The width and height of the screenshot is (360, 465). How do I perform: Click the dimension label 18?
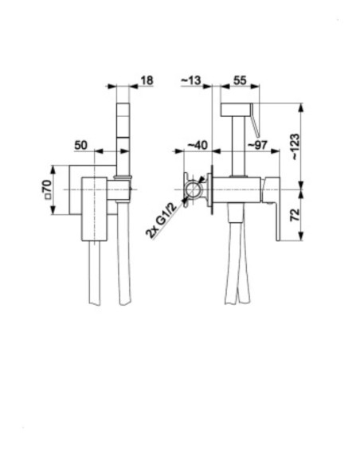(147, 80)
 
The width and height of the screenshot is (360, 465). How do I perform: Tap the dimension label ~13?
(190, 80)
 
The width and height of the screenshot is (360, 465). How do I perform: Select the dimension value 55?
(240, 80)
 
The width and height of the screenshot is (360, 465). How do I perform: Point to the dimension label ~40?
(198, 145)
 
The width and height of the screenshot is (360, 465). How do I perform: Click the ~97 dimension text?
(257, 145)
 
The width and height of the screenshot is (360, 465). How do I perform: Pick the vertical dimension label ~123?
(295, 147)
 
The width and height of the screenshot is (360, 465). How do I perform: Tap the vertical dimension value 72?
(295, 215)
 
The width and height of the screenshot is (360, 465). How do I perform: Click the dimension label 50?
(80, 145)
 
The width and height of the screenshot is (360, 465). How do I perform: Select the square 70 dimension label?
(48, 190)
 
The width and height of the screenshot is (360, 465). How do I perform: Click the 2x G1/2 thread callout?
(162, 220)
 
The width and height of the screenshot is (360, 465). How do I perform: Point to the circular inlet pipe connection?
(193, 190)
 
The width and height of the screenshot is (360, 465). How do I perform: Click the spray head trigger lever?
(255, 120)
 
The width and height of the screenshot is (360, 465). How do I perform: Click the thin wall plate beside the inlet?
(212, 190)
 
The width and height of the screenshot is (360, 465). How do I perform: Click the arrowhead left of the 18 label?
(112, 86)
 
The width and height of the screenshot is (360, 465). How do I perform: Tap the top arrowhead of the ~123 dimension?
(301, 108)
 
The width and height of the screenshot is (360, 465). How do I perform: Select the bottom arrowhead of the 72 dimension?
(301, 236)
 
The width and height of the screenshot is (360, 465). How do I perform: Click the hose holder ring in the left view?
(123, 177)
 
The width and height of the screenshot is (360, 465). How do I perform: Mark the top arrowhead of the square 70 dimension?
(53, 170)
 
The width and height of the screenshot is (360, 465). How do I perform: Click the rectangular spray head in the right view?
(236, 109)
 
